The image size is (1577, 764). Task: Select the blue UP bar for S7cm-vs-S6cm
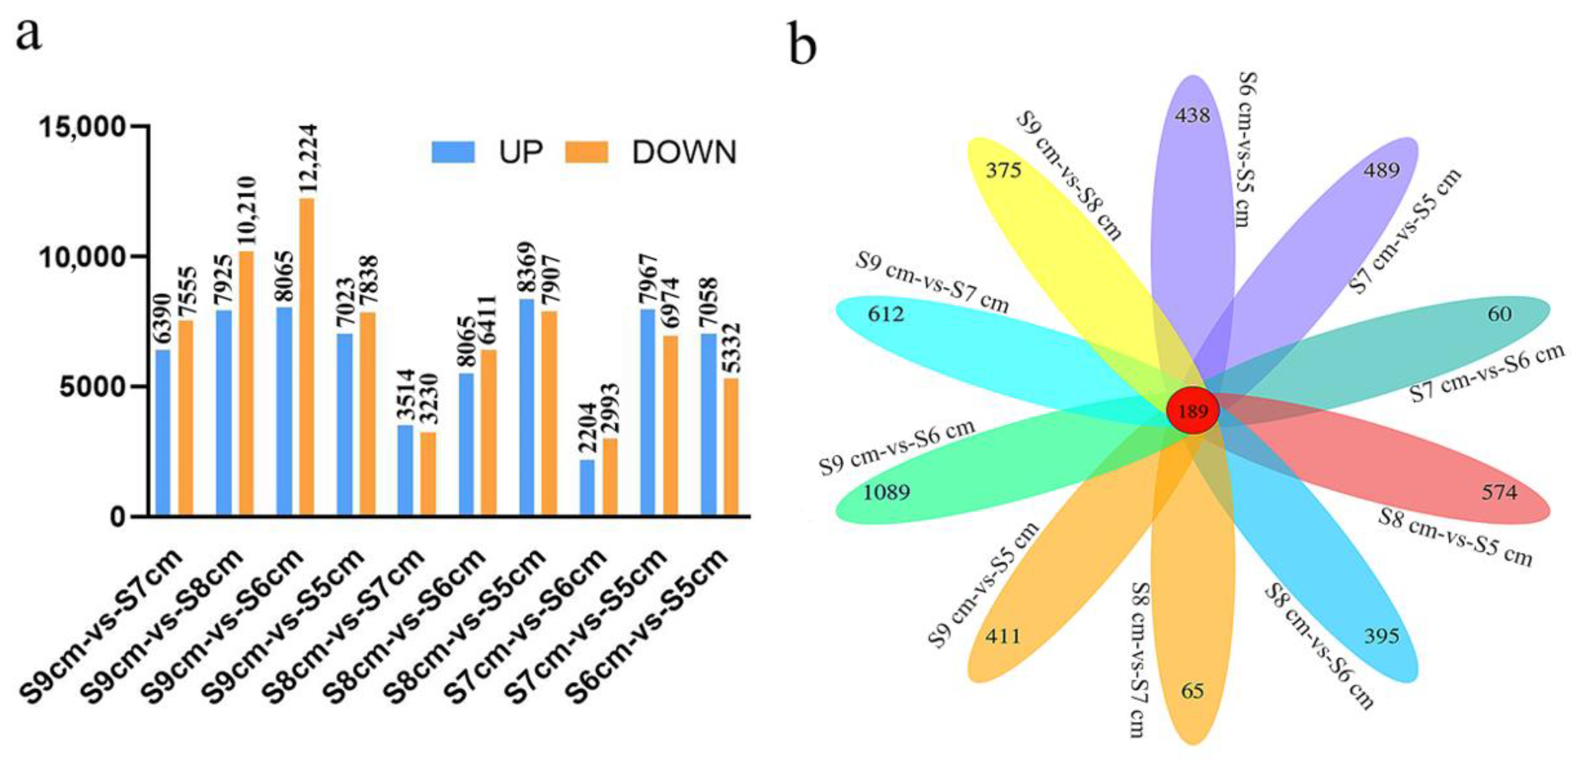[x=587, y=487]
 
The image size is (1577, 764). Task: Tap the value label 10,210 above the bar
[x=246, y=211]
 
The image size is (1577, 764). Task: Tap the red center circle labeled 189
[x=1193, y=411]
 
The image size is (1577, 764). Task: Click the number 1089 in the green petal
[x=886, y=492]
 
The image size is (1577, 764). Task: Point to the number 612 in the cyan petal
[x=886, y=314]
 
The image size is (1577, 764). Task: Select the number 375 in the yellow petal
[x=1004, y=170]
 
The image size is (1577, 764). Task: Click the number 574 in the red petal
[x=1499, y=492]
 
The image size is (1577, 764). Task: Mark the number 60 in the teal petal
[x=1499, y=314]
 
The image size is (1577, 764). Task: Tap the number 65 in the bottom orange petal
[x=1193, y=691]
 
